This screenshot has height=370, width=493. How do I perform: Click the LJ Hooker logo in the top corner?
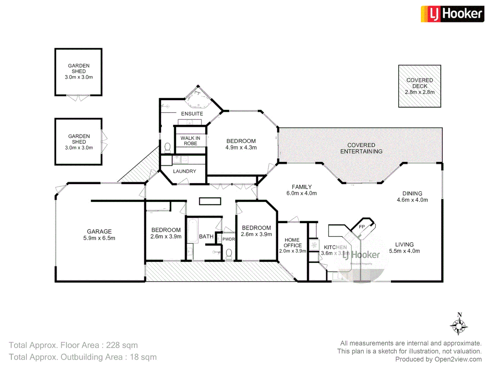tap(452, 14)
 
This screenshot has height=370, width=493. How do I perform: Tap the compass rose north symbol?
tap(459, 323)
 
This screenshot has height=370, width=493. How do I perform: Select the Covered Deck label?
tap(419, 83)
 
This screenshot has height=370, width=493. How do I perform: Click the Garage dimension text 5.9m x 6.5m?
tap(99, 238)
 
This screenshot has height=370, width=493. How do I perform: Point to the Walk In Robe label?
tap(190, 141)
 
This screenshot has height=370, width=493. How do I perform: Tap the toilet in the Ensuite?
tap(167, 148)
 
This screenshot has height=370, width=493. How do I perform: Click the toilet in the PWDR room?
tap(229, 254)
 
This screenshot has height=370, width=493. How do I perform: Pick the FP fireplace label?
tap(362, 227)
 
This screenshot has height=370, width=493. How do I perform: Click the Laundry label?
tap(185, 171)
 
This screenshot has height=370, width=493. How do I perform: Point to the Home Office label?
tap(292, 243)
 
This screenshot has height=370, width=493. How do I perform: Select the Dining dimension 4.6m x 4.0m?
tap(412, 200)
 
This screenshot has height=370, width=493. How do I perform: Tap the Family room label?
tap(302, 187)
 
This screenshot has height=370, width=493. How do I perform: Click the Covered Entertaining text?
tap(361, 148)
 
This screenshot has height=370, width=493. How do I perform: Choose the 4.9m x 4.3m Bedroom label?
tap(241, 144)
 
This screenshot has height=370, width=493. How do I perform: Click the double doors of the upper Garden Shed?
tap(78, 98)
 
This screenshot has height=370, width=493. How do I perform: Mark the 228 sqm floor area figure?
tap(122, 345)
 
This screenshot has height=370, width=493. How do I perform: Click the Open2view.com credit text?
tap(458, 359)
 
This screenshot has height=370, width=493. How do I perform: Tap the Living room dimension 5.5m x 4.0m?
tap(404, 251)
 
